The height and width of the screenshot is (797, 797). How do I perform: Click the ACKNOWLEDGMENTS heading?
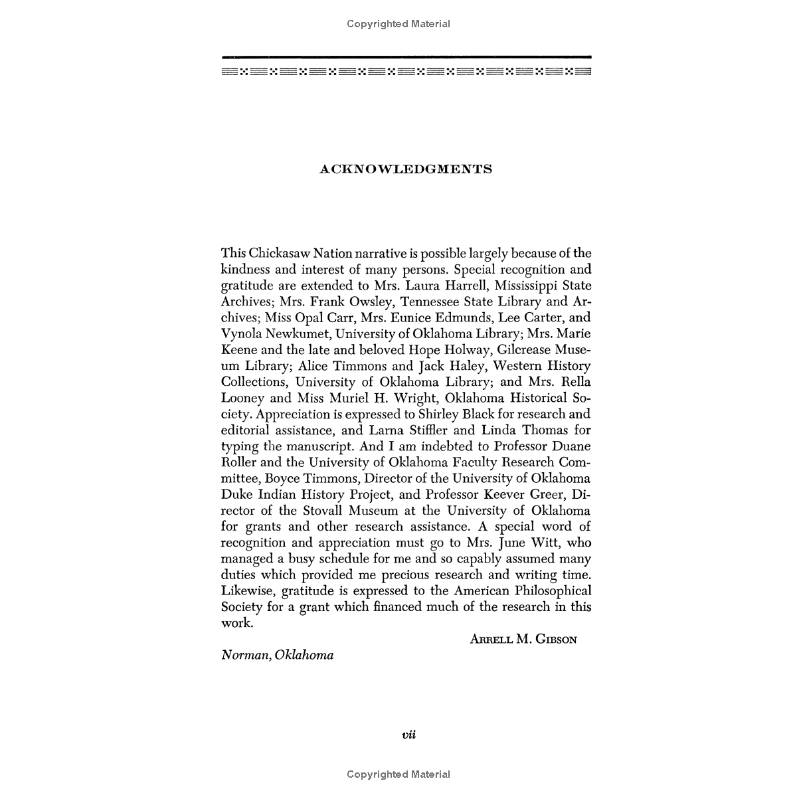[406, 169]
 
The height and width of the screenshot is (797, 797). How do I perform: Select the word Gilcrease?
[510, 350]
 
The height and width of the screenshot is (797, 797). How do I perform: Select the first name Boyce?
[284, 478]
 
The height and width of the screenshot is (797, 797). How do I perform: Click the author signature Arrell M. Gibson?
[523, 640]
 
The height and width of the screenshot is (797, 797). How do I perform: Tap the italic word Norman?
[243, 656]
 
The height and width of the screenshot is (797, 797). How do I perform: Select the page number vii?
[408, 735]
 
